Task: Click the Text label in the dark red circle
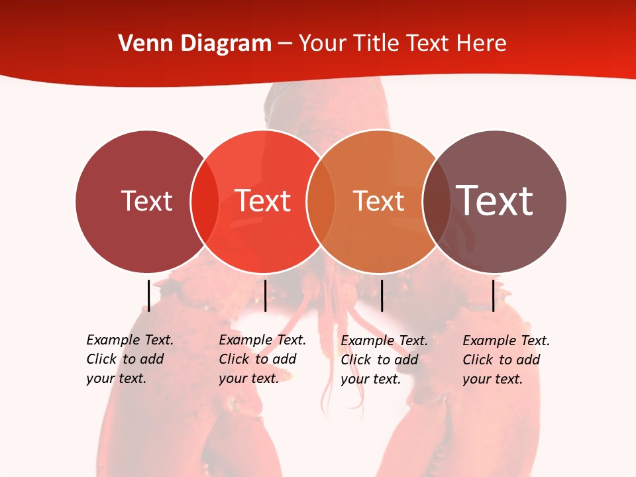[146, 201]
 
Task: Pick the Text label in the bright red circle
[262, 201]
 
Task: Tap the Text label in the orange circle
[378, 201]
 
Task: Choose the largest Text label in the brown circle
[494, 200]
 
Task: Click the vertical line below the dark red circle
[149, 295]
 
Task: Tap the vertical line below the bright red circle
[265, 295]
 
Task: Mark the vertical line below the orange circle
[382, 295]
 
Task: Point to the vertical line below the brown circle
[493, 295]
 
